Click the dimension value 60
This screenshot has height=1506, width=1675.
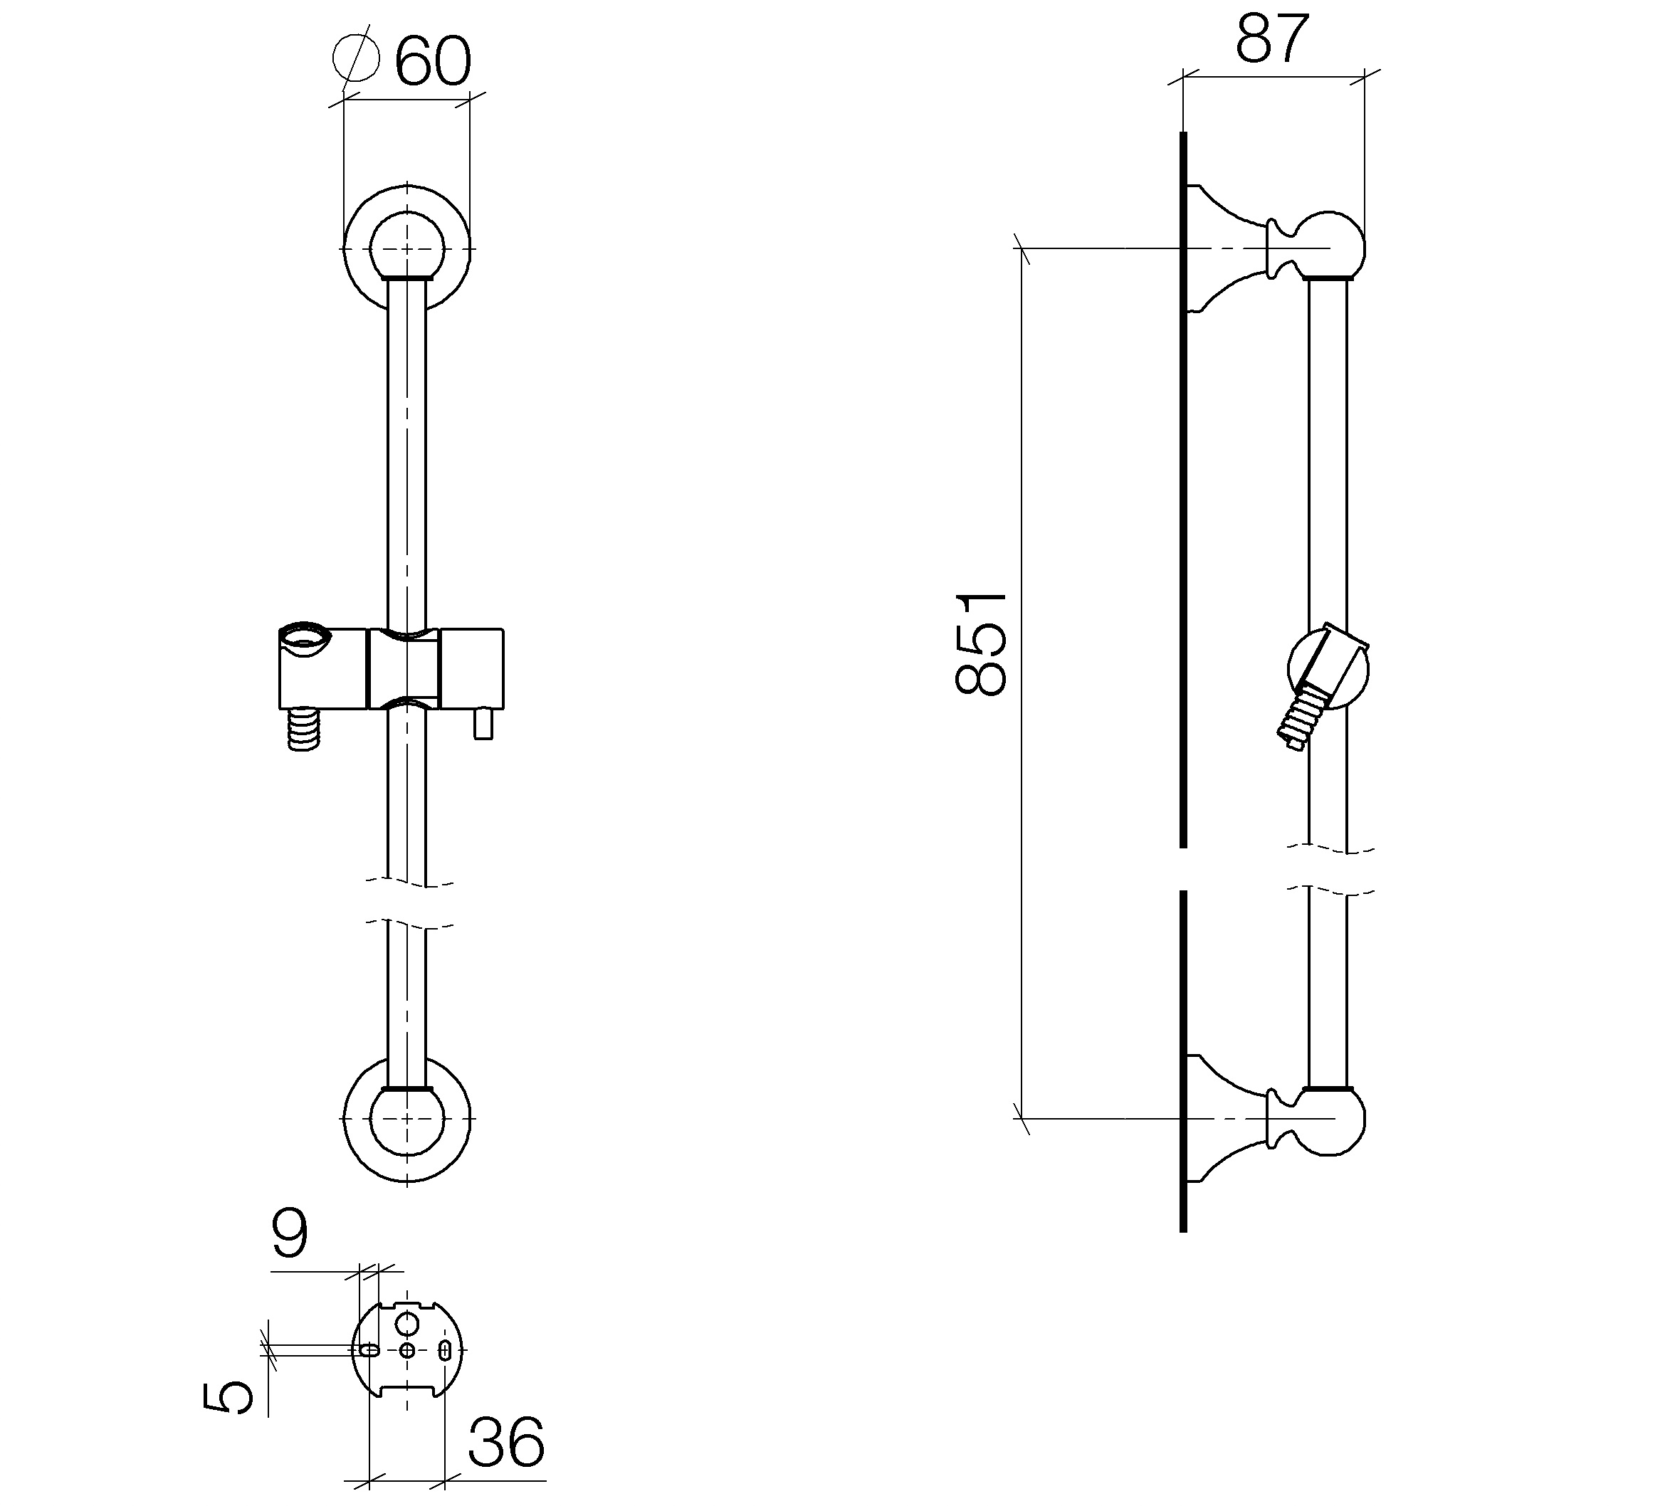(433, 61)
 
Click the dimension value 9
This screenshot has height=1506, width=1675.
(290, 1233)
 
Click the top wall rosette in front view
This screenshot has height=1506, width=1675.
(407, 248)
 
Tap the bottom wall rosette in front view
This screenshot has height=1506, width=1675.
(407, 1119)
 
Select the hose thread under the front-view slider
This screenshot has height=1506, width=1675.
(303, 729)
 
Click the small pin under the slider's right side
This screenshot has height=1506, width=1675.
(483, 724)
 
